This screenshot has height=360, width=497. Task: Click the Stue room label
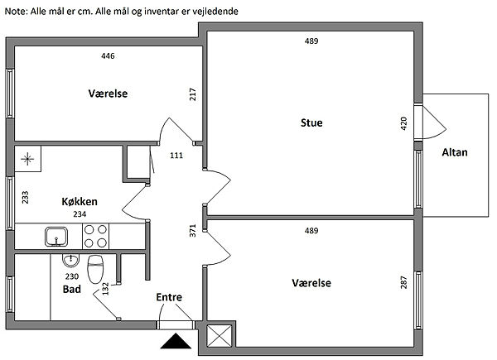pyautogui.click(x=311, y=122)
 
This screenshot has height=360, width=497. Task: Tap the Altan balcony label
pyautogui.click(x=455, y=152)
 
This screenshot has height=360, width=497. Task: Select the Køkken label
pyautogui.click(x=80, y=201)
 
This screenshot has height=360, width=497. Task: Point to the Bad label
pyautogui.click(x=71, y=289)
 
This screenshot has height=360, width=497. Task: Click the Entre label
pyautogui.click(x=169, y=297)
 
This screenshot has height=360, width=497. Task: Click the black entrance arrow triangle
pyautogui.click(x=176, y=341)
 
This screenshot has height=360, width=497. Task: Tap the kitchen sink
pyautogui.click(x=56, y=237)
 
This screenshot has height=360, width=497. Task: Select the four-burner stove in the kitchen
pyautogui.click(x=95, y=236)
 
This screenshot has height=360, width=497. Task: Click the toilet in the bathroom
pyautogui.click(x=95, y=269)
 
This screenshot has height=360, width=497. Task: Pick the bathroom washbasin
pyautogui.click(x=70, y=261)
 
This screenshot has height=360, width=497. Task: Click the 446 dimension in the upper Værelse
pyautogui.click(x=108, y=56)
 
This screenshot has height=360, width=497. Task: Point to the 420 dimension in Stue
pyautogui.click(x=403, y=123)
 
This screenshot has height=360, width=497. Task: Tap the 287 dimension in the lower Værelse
pyautogui.click(x=403, y=282)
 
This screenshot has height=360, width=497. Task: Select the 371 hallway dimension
pyautogui.click(x=193, y=231)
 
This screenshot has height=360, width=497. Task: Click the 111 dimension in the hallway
pyautogui.click(x=176, y=156)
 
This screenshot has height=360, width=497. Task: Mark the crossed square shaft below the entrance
pyautogui.click(x=219, y=336)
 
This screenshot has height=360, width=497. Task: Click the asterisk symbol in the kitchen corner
pyautogui.click(x=27, y=159)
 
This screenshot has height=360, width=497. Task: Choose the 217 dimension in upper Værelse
pyautogui.click(x=193, y=94)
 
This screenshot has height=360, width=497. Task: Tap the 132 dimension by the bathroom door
pyautogui.click(x=105, y=289)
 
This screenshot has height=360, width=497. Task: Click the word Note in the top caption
pyautogui.click(x=17, y=12)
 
